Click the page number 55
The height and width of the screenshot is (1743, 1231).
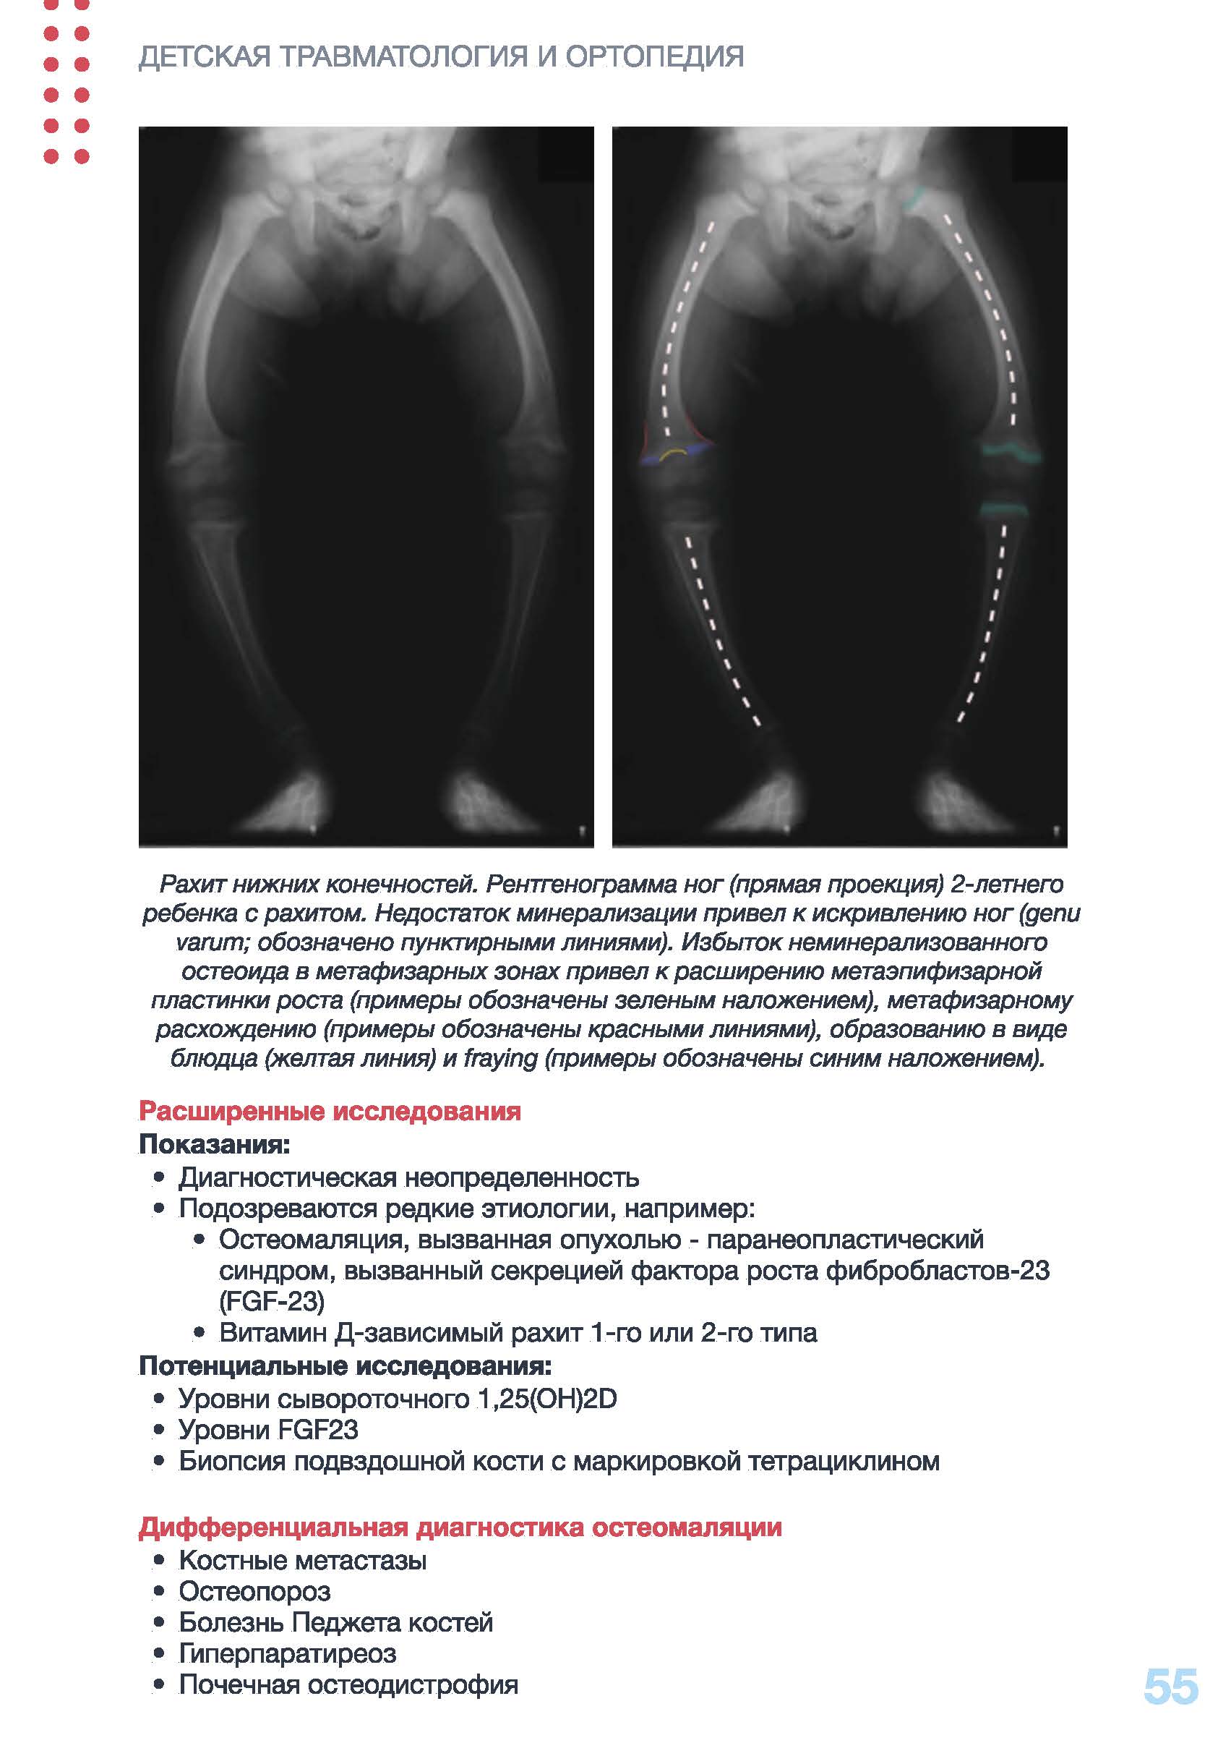1170,1687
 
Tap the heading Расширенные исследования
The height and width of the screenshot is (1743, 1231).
330,1111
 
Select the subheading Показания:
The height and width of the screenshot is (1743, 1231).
214,1143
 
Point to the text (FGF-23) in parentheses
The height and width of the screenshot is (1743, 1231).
271,1301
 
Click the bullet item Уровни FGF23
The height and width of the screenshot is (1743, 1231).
268,1429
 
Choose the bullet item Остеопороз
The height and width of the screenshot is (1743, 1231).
254,1591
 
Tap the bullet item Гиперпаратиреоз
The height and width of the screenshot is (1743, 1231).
287,1653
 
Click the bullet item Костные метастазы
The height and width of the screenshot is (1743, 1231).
302,1560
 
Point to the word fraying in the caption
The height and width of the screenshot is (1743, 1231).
500,1058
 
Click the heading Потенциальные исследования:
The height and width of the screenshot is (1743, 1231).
345,1365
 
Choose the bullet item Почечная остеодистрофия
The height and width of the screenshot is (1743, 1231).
348,1684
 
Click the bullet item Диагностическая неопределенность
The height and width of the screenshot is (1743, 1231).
408,1177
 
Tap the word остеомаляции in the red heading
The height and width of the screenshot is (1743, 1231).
686,1527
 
